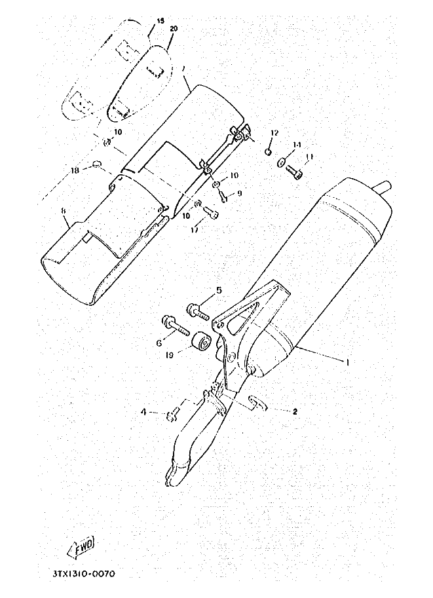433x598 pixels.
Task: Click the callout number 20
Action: (173, 29)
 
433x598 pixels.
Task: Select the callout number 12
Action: (274, 133)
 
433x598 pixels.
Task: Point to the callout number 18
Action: (75, 170)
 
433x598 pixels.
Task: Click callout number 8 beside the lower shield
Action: (63, 211)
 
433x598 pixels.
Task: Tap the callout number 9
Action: (240, 193)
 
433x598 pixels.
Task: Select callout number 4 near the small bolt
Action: (143, 412)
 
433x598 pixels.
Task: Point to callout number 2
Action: (295, 412)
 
